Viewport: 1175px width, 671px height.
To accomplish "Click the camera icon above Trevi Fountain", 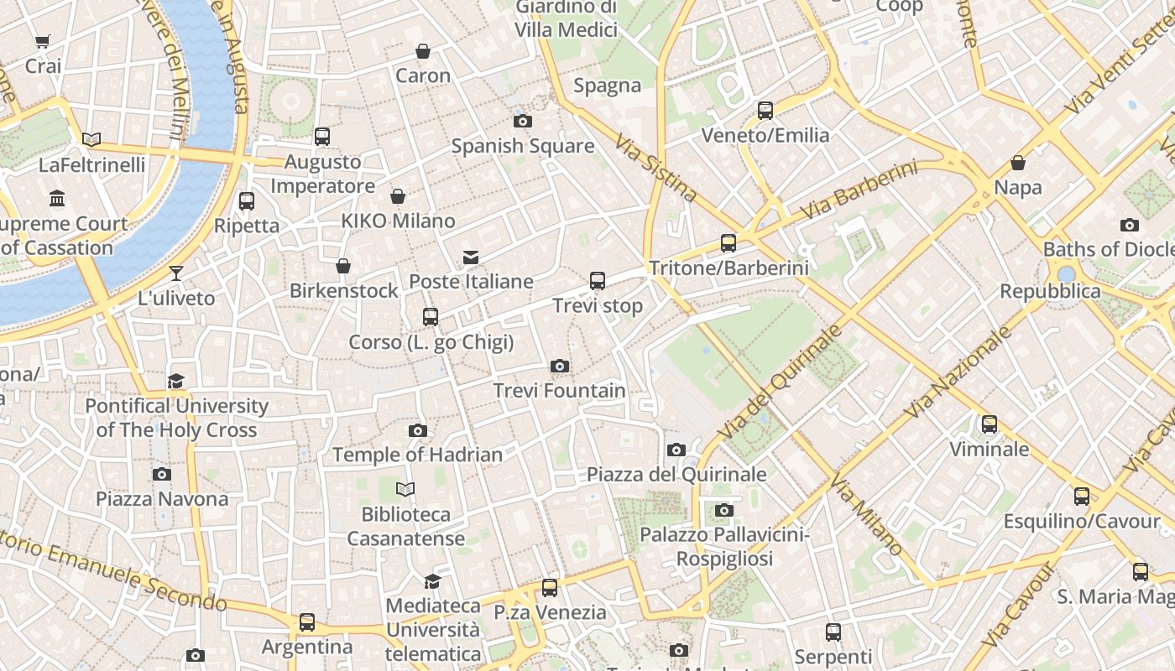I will pos(560,366).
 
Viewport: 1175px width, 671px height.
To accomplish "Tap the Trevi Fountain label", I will pos(559,391).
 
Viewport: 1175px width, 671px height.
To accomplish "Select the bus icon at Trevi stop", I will pos(598,280).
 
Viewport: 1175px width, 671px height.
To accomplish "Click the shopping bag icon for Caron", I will pos(423,51).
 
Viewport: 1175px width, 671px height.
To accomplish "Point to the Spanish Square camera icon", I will pos(522,121).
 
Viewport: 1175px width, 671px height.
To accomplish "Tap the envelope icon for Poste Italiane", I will pos(471,257).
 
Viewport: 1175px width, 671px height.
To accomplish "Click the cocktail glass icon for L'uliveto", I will pos(175,273).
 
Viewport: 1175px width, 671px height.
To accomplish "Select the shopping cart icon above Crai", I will pos(42,41).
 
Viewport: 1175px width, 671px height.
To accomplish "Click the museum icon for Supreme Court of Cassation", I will pos(57,199).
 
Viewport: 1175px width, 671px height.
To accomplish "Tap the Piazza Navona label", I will pos(162,499).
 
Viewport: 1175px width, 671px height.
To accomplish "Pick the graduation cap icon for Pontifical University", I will pos(175,382).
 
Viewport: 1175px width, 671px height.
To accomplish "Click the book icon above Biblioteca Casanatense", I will pos(405,489).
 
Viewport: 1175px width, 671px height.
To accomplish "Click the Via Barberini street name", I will pos(859,191).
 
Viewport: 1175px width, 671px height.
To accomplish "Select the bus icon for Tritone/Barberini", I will pos(728,243).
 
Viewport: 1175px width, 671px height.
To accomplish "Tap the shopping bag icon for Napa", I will pos(1018,163).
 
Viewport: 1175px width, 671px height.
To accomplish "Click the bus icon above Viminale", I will pos(990,424).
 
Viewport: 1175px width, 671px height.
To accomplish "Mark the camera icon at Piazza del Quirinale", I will pos(676,450).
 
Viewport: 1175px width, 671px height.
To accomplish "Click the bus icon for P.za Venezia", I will pos(550,587).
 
